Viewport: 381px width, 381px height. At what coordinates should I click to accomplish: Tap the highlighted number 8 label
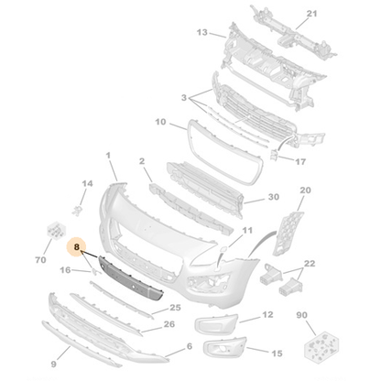[78, 247]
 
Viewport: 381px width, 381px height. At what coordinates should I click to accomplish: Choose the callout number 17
[299, 161]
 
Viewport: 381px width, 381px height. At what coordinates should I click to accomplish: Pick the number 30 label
[273, 197]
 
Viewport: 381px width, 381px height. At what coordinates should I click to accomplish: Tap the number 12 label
[267, 314]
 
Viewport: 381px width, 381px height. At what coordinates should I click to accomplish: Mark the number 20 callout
[305, 190]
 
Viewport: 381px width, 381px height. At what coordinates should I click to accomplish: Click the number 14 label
[88, 184]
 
